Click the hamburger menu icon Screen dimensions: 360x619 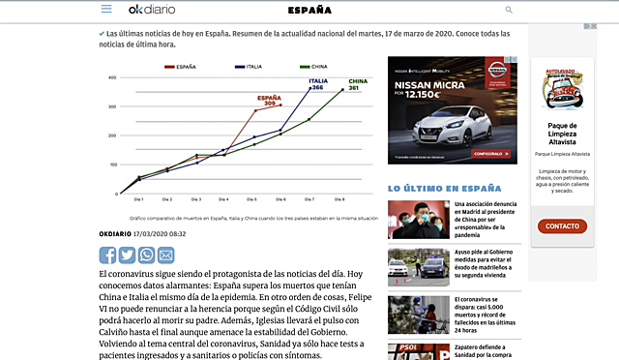click(x=106, y=9)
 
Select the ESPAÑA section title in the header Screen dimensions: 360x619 click(x=309, y=10)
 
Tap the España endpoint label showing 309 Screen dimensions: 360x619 click(x=269, y=100)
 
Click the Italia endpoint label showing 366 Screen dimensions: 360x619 click(x=318, y=84)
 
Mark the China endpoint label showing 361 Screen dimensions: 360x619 click(x=355, y=84)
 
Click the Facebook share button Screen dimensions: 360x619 click(x=107, y=255)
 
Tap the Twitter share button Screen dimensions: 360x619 click(x=127, y=255)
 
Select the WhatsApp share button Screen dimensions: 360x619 click(x=146, y=255)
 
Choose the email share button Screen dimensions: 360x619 click(x=165, y=255)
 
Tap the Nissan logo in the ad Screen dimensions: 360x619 click(x=499, y=71)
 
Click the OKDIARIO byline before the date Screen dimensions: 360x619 click(x=115, y=233)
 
